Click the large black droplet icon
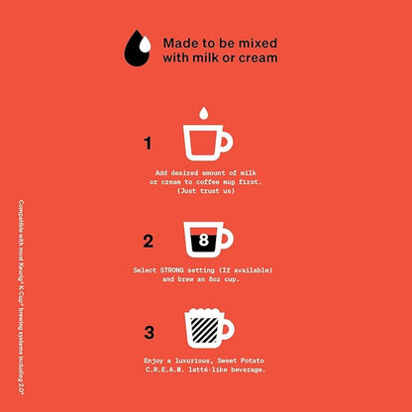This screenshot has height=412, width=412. coord(136,51)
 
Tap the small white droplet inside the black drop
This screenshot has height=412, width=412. coord(145,46)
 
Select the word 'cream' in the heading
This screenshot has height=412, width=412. coord(258,57)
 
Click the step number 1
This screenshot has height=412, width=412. coord(148,144)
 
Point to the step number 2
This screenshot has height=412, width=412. coord(149,242)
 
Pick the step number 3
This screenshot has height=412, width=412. coord(149,333)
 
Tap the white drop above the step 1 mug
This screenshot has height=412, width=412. coord(203,113)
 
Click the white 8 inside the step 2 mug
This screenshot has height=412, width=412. coord(204,240)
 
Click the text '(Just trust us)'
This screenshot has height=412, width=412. coord(206,191)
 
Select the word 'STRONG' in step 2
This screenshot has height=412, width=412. coord(172,270)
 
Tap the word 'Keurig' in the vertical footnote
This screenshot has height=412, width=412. coord(21,260)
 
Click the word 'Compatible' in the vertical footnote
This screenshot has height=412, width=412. coord(21,214)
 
